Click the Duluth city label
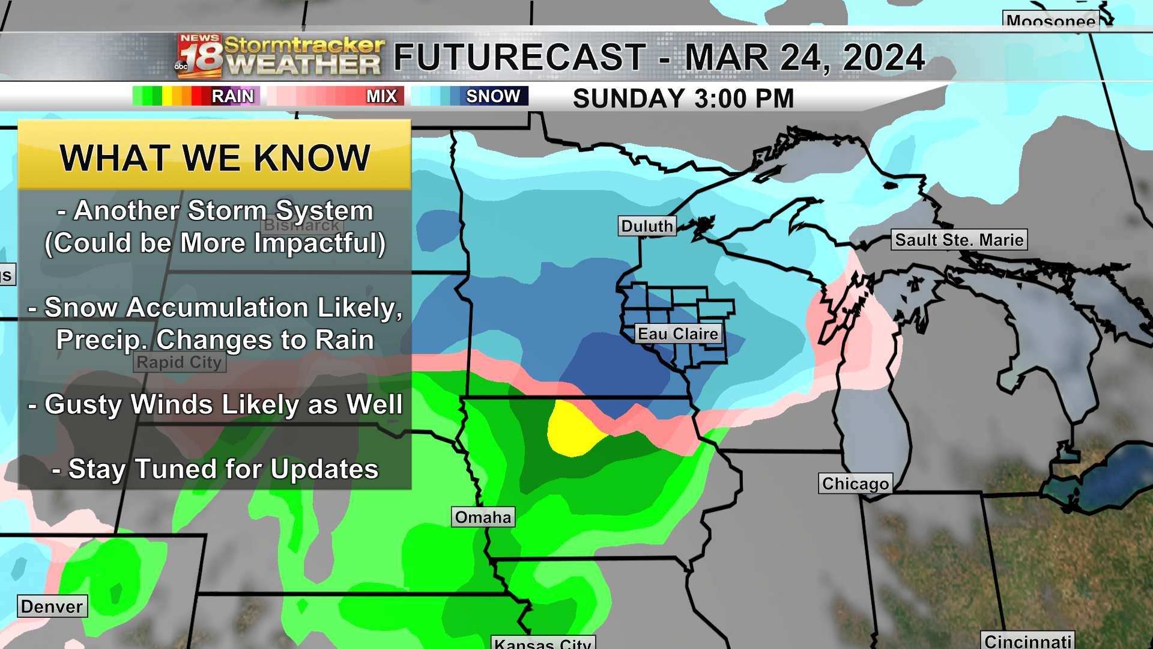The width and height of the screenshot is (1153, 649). pos(647,226)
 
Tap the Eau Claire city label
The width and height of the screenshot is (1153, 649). pos(678,334)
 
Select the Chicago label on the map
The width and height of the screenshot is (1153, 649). pos(855,484)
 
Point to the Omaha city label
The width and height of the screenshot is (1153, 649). pos(483,517)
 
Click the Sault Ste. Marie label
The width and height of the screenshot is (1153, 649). pos(959,240)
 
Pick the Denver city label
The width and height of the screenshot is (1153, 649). pos(52,606)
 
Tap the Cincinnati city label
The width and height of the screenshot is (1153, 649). pos(1028,641)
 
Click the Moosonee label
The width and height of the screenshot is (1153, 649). pos(1050,22)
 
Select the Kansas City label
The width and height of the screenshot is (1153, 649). pos(543,643)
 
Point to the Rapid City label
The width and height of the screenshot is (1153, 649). pos(180,362)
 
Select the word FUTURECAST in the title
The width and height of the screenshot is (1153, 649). pos(519,58)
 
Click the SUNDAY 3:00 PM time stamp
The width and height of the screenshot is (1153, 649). pos(683,99)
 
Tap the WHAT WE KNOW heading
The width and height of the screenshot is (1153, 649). pos(214,158)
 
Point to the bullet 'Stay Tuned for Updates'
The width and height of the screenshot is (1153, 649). pos(216,469)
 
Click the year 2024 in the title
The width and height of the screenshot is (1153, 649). pos(883,58)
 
